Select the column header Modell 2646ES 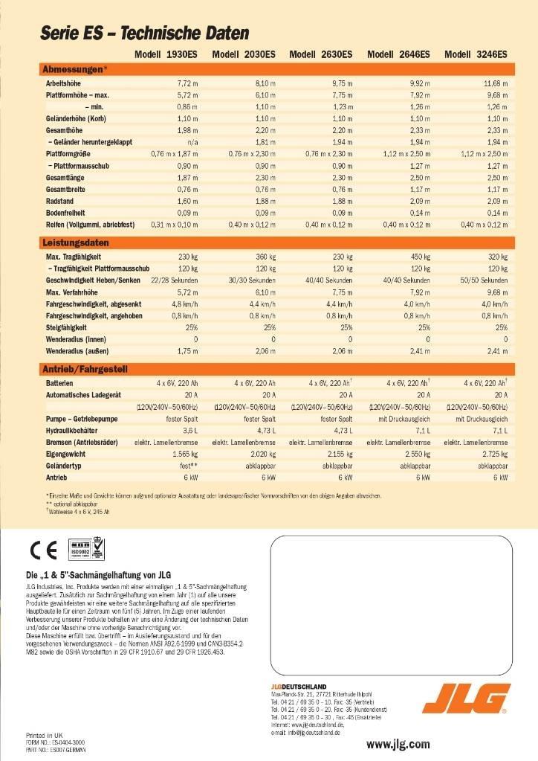click(398, 54)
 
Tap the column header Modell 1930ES click(166, 54)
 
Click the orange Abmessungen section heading click(75, 69)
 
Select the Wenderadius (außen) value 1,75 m click(187, 350)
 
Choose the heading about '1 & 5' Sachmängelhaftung click(98, 574)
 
